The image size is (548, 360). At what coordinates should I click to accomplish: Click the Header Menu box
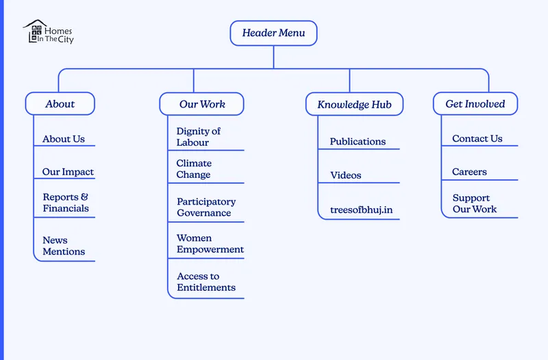coord(273,33)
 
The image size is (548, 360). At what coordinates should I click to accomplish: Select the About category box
coord(60,104)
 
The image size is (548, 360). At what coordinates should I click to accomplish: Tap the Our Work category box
coord(202,104)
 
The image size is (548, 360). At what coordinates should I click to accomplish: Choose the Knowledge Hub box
coord(354,105)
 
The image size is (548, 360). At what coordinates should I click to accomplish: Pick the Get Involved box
coord(475,104)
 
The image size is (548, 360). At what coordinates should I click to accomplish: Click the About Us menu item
coord(64,139)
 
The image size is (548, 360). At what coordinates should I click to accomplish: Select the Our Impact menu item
coord(68,172)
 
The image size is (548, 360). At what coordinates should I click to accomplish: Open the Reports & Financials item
coord(66,203)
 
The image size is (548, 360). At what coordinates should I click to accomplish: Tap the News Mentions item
coord(64,246)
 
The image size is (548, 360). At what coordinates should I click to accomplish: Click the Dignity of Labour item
coord(199,137)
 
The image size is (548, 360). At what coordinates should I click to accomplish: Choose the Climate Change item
coord(194,169)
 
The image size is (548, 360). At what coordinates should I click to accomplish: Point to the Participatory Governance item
coord(206,207)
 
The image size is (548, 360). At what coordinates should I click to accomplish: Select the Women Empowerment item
coord(210,244)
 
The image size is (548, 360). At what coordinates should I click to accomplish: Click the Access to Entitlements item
coord(206,282)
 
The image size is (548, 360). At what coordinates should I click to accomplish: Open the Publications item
coord(358,142)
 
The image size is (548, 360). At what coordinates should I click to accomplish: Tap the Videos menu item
coord(345,175)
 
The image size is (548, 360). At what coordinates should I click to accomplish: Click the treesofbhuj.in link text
coord(361,209)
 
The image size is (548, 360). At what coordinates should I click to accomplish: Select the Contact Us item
coord(477,139)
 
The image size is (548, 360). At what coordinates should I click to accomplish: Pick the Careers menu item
coord(469,172)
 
